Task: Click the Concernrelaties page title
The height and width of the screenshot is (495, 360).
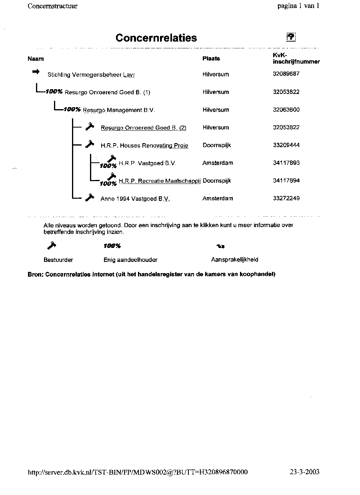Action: click(156, 38)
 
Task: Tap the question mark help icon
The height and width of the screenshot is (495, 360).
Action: click(291, 37)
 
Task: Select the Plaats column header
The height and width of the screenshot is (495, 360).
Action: click(211, 58)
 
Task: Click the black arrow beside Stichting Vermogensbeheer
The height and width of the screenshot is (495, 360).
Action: click(36, 72)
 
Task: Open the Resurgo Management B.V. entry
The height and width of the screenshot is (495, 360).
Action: click(119, 110)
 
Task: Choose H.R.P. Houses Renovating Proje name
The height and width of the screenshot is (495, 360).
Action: click(144, 146)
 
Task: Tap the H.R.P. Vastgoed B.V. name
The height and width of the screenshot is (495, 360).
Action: click(147, 163)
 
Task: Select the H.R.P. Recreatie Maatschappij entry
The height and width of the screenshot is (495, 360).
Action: click(160, 181)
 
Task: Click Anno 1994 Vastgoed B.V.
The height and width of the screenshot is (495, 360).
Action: click(135, 198)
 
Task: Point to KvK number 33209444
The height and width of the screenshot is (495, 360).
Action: click(286, 145)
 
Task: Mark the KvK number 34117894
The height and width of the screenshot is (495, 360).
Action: click(286, 181)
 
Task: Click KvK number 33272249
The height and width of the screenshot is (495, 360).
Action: click(286, 198)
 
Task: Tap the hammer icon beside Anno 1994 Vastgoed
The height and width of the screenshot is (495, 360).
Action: click(90, 197)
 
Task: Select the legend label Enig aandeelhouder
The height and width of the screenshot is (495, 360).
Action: click(130, 260)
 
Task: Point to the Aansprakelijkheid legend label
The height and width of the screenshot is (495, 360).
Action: click(234, 259)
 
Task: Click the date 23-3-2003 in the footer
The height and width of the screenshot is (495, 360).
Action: click(304, 472)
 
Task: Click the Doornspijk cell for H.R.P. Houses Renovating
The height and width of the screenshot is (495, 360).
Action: click(217, 145)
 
